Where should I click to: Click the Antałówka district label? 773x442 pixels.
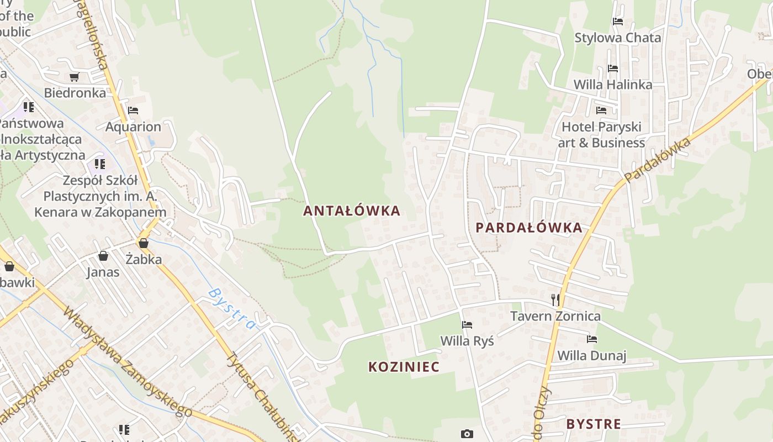click(352, 211)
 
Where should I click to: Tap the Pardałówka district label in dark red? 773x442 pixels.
click(529, 227)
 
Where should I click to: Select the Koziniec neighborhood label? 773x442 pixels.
click(404, 367)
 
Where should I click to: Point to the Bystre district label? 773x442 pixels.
click(594, 424)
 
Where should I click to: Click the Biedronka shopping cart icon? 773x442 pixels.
click(74, 77)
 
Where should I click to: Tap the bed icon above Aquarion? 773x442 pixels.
click(133, 110)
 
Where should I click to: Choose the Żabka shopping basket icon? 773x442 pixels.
click(144, 243)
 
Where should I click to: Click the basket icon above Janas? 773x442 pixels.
click(103, 256)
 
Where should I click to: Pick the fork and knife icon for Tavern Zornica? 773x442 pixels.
click(555, 300)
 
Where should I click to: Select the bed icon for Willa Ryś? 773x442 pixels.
click(467, 325)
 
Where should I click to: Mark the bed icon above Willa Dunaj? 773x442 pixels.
click(592, 339)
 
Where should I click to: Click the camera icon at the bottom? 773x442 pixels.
click(467, 434)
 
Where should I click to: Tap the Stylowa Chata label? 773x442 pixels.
click(617, 38)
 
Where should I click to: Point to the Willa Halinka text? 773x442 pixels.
click(613, 85)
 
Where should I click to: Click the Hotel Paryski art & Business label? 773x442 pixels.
click(601, 135)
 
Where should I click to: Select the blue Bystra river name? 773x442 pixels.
click(232, 308)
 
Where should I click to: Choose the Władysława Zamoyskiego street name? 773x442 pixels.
click(127, 362)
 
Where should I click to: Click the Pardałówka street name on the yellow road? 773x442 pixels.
click(658, 160)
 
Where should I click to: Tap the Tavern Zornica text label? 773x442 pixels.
click(555, 316)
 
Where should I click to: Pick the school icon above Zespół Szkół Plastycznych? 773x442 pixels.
click(99, 164)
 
